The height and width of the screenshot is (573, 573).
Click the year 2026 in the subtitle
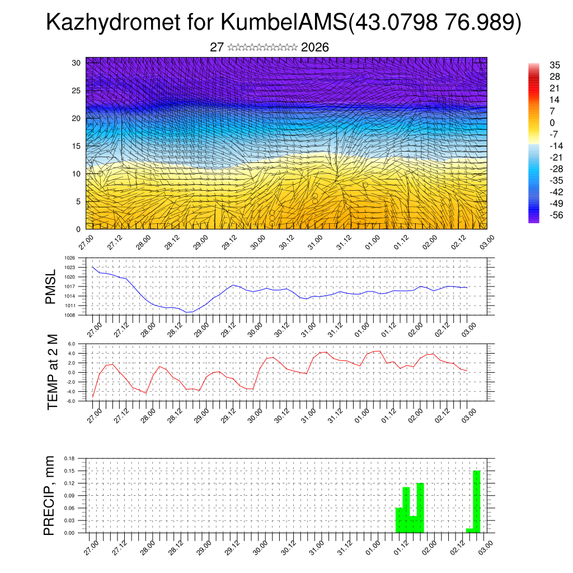314,48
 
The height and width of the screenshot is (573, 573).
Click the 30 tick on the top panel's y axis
76,63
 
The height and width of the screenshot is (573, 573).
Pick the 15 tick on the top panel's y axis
76,146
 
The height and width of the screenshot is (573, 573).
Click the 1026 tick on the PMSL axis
69,259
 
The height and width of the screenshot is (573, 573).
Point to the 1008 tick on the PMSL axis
69,315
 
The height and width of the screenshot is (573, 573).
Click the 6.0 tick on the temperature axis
72,344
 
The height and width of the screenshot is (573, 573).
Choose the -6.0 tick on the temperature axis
71,401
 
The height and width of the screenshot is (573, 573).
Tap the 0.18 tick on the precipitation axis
69,458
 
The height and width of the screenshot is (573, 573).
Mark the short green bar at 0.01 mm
470,530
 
